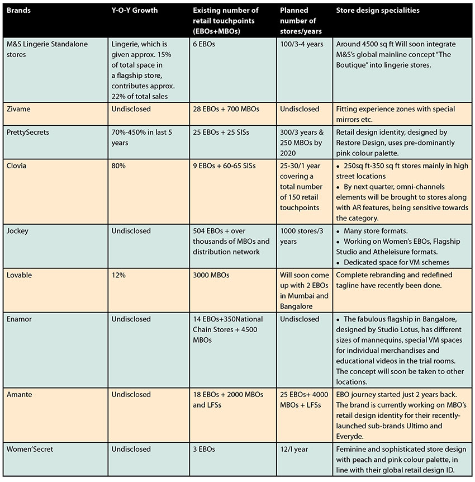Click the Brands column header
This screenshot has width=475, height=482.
click(x=18, y=10)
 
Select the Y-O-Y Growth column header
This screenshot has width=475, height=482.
click(x=134, y=10)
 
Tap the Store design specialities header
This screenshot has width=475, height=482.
click(x=378, y=10)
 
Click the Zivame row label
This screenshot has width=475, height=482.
click(x=18, y=109)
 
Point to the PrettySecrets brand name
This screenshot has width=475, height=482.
click(x=27, y=132)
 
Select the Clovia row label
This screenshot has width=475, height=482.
click(x=16, y=166)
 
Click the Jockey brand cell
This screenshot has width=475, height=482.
click(x=17, y=231)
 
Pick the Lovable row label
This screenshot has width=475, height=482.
click(x=19, y=275)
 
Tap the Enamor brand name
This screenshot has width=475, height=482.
click(x=19, y=319)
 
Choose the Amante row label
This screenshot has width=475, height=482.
click(x=19, y=394)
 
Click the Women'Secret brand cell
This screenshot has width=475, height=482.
click(x=30, y=449)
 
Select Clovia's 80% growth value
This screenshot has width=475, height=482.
click(x=118, y=166)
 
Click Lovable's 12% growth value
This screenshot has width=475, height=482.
click(x=118, y=275)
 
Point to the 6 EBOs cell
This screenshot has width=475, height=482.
click(x=204, y=44)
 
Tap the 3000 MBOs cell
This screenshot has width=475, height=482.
click(x=211, y=275)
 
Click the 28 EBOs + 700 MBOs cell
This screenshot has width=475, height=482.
click(x=226, y=109)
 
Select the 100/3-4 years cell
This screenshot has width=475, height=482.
click(x=301, y=44)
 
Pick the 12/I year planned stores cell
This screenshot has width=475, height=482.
click(x=294, y=449)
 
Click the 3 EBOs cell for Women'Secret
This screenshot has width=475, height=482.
click(x=204, y=449)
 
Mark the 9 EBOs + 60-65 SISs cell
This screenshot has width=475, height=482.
click(x=224, y=166)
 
